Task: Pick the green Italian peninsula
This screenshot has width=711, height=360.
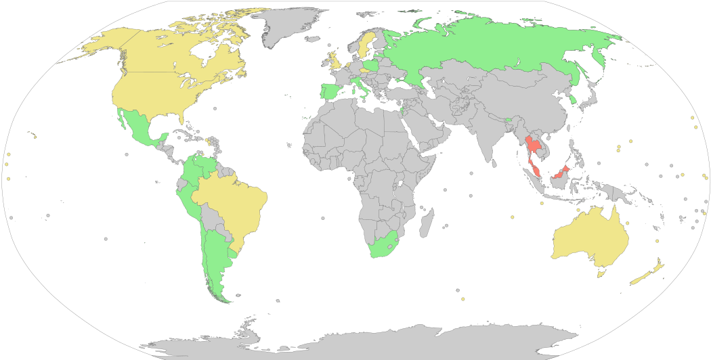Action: coord(359,88)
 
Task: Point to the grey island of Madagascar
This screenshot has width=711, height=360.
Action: coord(427,223)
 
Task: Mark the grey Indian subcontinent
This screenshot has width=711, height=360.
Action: coord(488,135)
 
